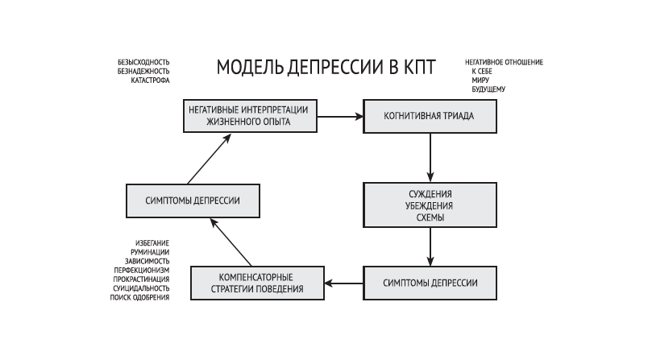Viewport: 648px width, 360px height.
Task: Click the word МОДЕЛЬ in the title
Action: point(247,67)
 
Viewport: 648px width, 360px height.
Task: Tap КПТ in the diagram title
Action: point(417,67)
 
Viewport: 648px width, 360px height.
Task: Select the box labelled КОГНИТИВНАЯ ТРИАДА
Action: point(429,116)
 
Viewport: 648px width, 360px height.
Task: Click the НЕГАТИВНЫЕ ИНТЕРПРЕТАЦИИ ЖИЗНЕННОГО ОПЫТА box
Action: point(249,116)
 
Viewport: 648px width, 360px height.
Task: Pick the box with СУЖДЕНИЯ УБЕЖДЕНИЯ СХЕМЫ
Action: point(429,205)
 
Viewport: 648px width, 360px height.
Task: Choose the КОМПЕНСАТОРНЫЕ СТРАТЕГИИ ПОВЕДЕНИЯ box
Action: point(257,283)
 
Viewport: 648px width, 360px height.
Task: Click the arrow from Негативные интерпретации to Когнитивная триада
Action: point(339,116)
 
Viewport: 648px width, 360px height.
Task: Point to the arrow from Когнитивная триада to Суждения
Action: point(430,157)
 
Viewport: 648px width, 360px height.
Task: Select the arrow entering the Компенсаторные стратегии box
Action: point(343,283)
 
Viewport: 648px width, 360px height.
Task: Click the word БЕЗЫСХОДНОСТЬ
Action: point(143,62)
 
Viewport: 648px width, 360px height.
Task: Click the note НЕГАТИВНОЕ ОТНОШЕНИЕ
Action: point(504,62)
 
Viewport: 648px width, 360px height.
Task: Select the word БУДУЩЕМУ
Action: point(488,89)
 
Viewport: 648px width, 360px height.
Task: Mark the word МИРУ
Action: point(480,80)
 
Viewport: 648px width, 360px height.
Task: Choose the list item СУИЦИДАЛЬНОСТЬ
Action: point(142,288)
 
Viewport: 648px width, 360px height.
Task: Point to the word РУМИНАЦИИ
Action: point(149,252)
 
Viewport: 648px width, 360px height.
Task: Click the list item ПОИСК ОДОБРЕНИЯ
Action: point(139,298)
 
